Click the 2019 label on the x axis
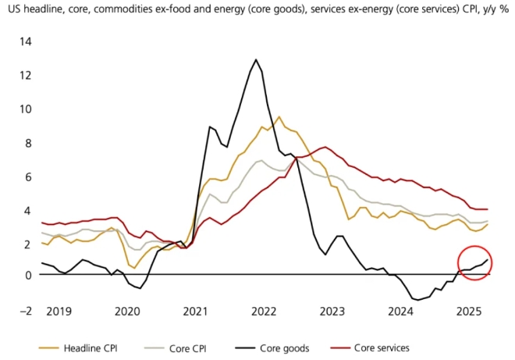click(x=58, y=310)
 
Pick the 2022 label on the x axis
click(x=265, y=310)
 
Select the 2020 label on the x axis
click(x=127, y=310)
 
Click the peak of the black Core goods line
click(x=256, y=59)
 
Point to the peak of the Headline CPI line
click(x=279, y=117)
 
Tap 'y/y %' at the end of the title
click(x=494, y=10)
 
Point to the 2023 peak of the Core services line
click(x=325, y=147)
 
